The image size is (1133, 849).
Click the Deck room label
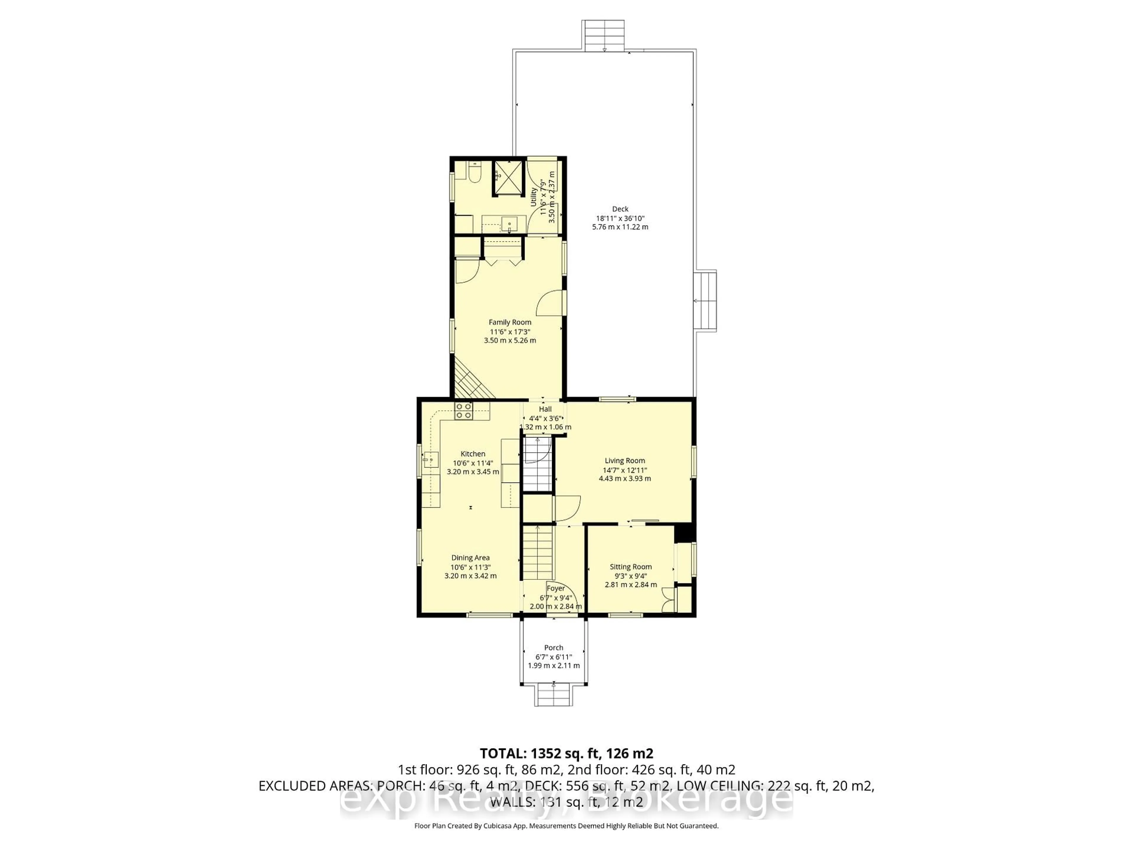tap(620, 209)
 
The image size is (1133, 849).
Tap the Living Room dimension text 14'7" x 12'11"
tap(625, 470)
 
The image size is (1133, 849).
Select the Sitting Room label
tap(631, 567)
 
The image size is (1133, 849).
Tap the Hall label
tap(545, 409)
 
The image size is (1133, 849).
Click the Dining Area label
tap(470, 558)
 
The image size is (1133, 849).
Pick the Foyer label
tap(556, 588)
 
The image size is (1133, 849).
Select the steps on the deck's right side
tap(705, 301)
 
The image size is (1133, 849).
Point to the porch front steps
tap(554, 695)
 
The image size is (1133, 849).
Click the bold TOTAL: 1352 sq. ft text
tap(566, 753)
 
